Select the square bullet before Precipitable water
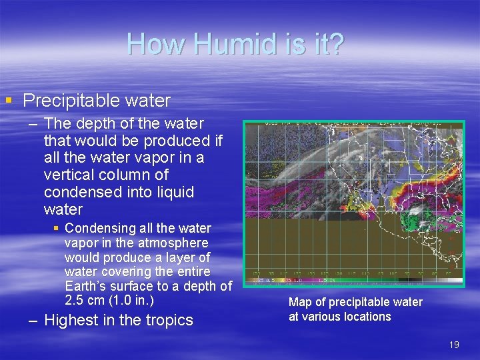[9, 101]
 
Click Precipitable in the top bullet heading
[66, 101]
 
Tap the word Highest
[71, 321]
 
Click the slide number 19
[454, 345]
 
